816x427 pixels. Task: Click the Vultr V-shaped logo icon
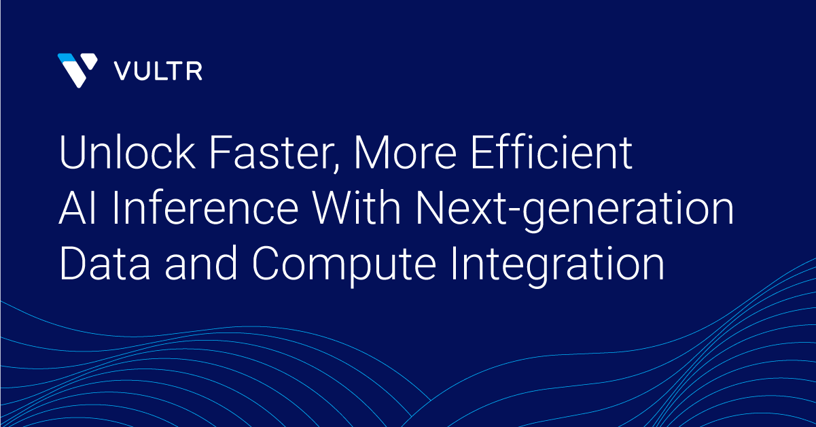(77, 71)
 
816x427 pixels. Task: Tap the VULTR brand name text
(158, 71)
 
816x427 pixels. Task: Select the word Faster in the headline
(274, 152)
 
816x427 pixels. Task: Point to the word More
(405, 152)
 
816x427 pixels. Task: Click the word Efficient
(552, 152)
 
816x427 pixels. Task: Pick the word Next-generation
(575, 211)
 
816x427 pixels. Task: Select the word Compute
(344, 267)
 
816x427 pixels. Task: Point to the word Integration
(558, 267)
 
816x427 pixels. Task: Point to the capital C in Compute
(267, 263)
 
